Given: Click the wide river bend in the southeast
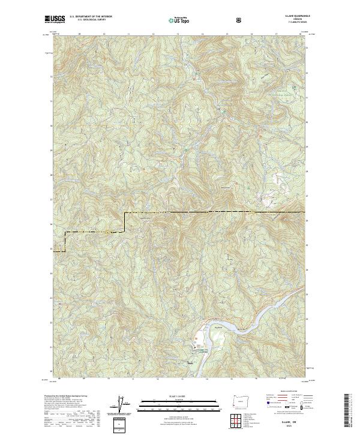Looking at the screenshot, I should (252, 325).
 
